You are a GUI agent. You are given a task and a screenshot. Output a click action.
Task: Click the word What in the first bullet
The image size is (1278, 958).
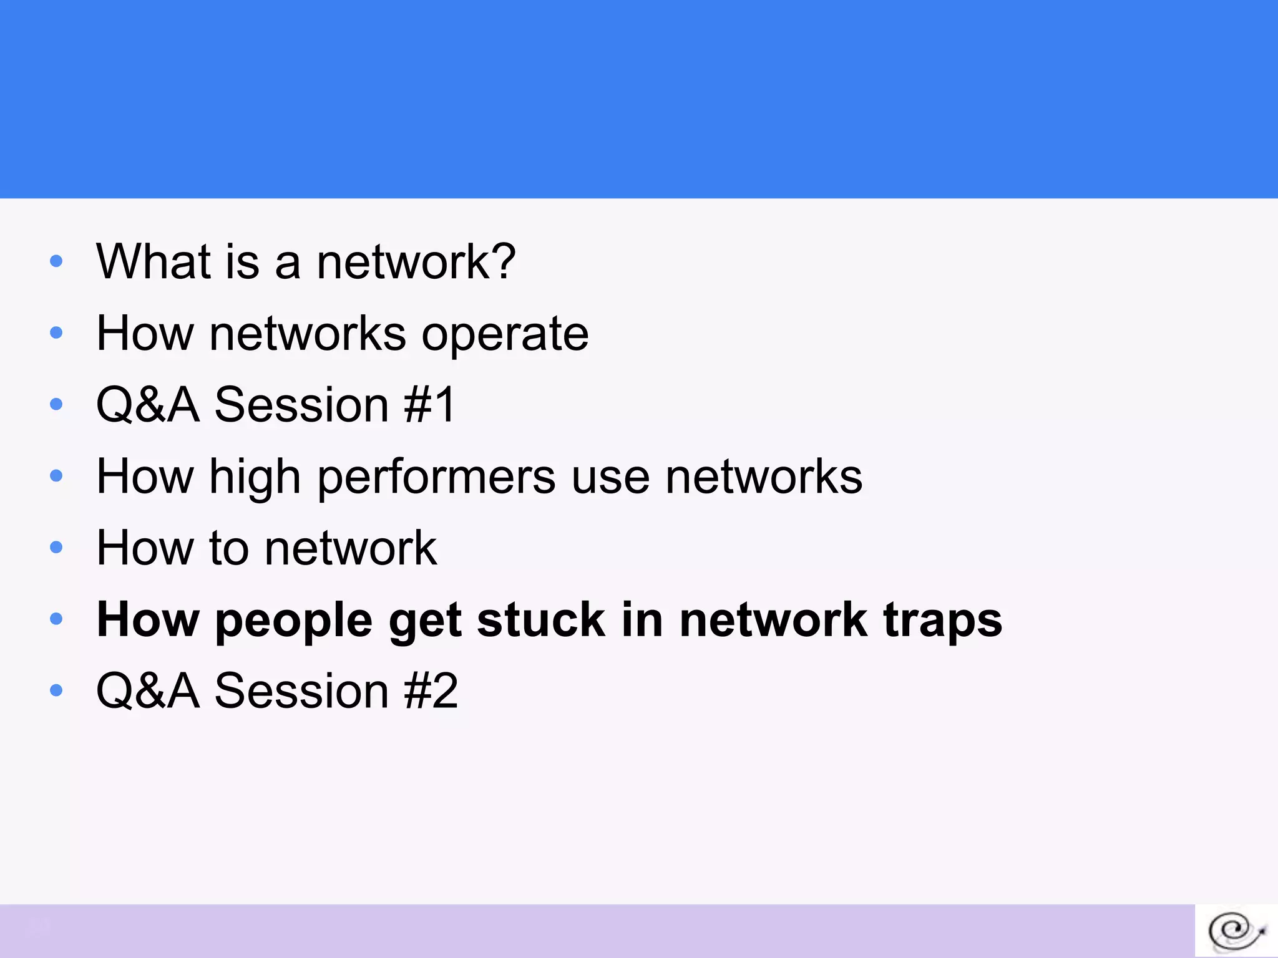(x=154, y=261)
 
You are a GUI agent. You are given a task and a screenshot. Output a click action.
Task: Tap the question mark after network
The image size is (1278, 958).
(x=502, y=261)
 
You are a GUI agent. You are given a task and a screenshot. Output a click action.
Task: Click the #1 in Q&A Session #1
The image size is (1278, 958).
(x=430, y=405)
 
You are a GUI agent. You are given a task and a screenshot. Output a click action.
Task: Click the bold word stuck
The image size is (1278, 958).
(x=541, y=620)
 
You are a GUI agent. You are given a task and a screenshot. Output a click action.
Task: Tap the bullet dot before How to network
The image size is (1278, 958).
(x=56, y=548)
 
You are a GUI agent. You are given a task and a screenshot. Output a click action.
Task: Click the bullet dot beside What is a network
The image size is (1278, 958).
(x=56, y=261)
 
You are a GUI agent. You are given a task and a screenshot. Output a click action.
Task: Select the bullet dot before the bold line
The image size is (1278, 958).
(x=56, y=619)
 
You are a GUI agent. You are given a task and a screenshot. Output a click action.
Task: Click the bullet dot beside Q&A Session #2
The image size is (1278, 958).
(x=56, y=690)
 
